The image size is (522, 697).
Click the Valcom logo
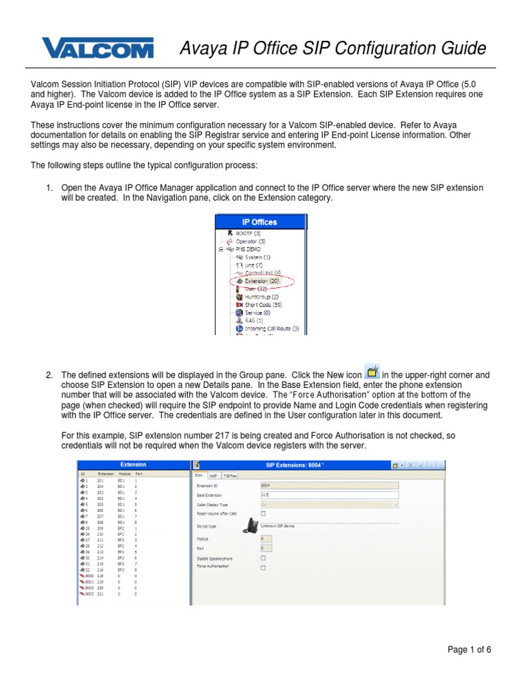pos(98,49)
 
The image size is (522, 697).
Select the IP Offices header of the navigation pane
pos(260,222)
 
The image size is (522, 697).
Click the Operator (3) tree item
pos(251,241)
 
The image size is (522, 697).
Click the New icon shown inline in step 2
pos(372,372)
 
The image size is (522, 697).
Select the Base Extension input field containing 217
pos(329,495)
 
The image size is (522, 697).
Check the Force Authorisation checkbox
pos(264,566)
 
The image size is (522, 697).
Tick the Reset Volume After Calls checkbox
pos(264,514)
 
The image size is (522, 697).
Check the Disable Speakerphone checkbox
pos(264,557)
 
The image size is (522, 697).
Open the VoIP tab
pos(213,476)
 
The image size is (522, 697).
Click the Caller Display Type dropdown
pos(329,504)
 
